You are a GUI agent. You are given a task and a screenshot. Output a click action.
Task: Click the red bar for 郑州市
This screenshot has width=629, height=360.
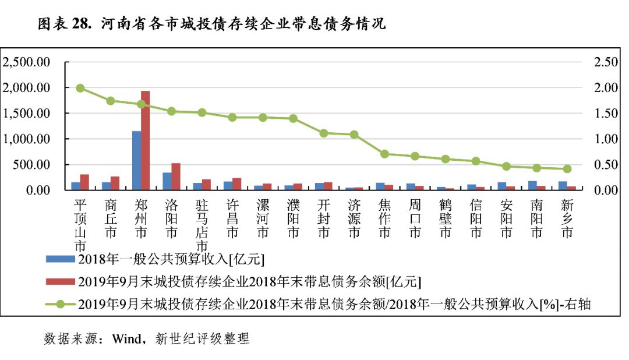(146, 140)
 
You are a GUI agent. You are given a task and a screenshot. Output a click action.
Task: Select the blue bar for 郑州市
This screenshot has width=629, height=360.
(137, 161)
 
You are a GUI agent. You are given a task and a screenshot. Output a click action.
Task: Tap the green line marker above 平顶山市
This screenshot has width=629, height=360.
(80, 88)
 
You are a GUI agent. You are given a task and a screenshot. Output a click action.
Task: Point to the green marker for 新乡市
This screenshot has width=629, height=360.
(567, 169)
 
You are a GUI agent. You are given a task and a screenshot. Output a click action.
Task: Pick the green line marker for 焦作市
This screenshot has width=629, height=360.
(384, 154)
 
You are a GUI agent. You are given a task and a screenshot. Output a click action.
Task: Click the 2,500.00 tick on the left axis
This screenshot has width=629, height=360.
(27, 62)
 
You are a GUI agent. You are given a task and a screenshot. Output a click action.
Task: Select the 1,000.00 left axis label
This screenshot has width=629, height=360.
(27, 139)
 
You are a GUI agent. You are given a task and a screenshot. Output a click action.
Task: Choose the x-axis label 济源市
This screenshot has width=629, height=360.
(354, 219)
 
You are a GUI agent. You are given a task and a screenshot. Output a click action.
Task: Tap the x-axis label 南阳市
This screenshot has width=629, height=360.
(536, 219)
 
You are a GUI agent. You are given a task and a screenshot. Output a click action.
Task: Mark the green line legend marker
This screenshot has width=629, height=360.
(61, 303)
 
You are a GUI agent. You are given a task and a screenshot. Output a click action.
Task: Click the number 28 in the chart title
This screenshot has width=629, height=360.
(80, 24)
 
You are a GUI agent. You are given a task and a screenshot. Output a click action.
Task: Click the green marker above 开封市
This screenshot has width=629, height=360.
(323, 133)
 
